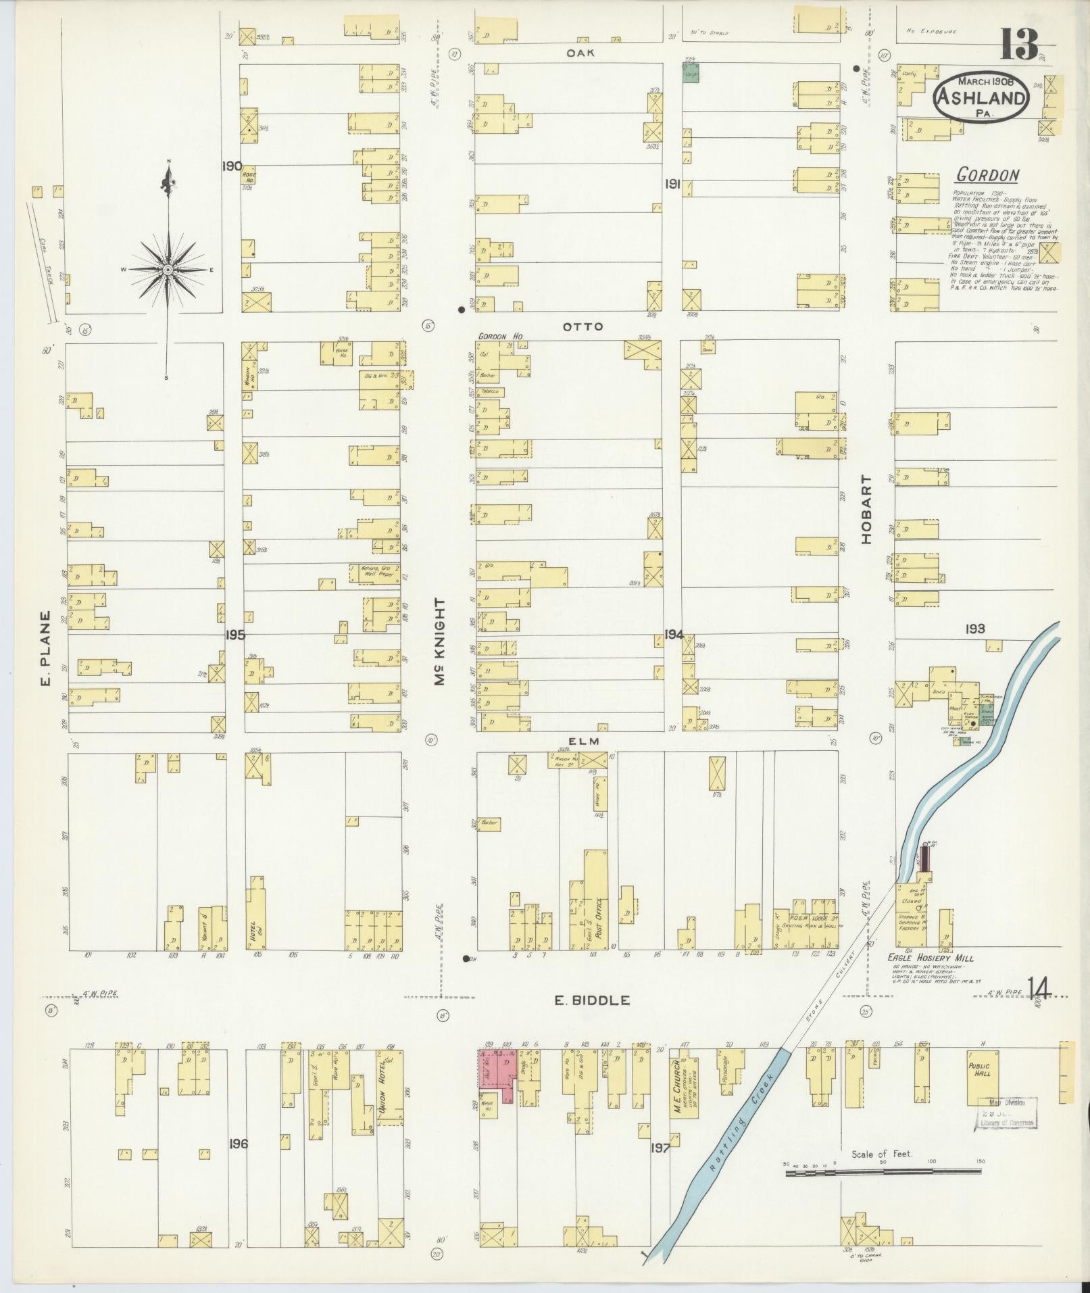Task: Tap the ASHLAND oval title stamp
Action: [981, 97]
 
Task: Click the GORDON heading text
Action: [987, 176]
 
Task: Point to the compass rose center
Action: [166, 270]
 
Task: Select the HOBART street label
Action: [868, 508]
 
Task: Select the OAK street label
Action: [581, 53]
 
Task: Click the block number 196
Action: [239, 1144]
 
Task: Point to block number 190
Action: [232, 166]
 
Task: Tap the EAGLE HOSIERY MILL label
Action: [933, 958]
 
